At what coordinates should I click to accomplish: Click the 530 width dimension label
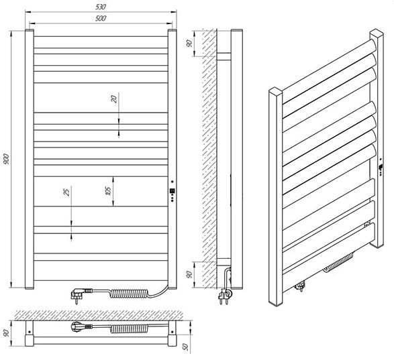click(x=101, y=7)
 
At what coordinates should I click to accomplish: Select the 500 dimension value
click(x=101, y=18)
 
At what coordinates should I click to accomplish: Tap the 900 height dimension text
click(x=6, y=159)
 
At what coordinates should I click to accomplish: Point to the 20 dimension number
click(x=114, y=99)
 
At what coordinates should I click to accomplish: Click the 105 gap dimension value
click(x=108, y=191)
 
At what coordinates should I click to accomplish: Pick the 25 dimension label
click(x=66, y=192)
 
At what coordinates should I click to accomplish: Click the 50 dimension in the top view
click(x=185, y=347)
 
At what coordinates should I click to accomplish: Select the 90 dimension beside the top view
click(x=6, y=333)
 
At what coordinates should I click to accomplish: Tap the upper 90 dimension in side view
click(x=189, y=43)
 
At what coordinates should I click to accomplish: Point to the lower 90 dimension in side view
click(x=189, y=274)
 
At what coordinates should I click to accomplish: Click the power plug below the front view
click(x=81, y=294)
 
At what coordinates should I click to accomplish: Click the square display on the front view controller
click(x=172, y=191)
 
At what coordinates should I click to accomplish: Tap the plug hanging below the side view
click(x=224, y=296)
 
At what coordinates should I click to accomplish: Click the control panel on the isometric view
click(x=381, y=167)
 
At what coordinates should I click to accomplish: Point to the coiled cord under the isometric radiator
click(x=338, y=263)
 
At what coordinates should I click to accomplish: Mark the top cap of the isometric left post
click(x=276, y=91)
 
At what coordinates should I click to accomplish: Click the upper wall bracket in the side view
click(x=224, y=56)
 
